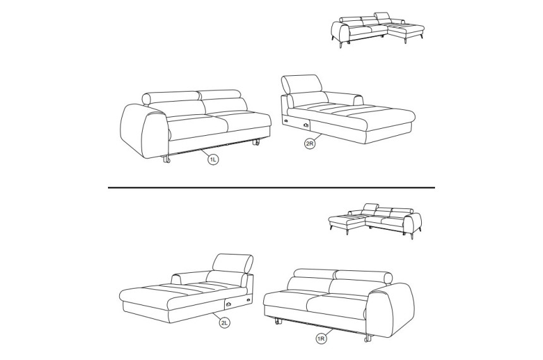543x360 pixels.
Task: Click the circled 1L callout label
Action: pyautogui.click(x=213, y=160)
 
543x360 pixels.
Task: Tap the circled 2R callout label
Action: pyautogui.click(x=310, y=144)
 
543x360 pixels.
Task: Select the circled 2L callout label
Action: pyautogui.click(x=224, y=323)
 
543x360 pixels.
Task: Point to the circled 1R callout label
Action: pyautogui.click(x=321, y=339)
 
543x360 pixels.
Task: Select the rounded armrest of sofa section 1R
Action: pyautogui.click(x=391, y=309)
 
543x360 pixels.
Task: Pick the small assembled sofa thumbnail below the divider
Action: pyautogui.click(x=374, y=221)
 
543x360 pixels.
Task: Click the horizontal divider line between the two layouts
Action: pyautogui.click(x=271, y=188)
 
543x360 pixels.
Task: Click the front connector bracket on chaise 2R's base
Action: pyautogui.click(x=306, y=124)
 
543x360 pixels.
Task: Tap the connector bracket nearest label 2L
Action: pyautogui.click(x=229, y=304)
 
